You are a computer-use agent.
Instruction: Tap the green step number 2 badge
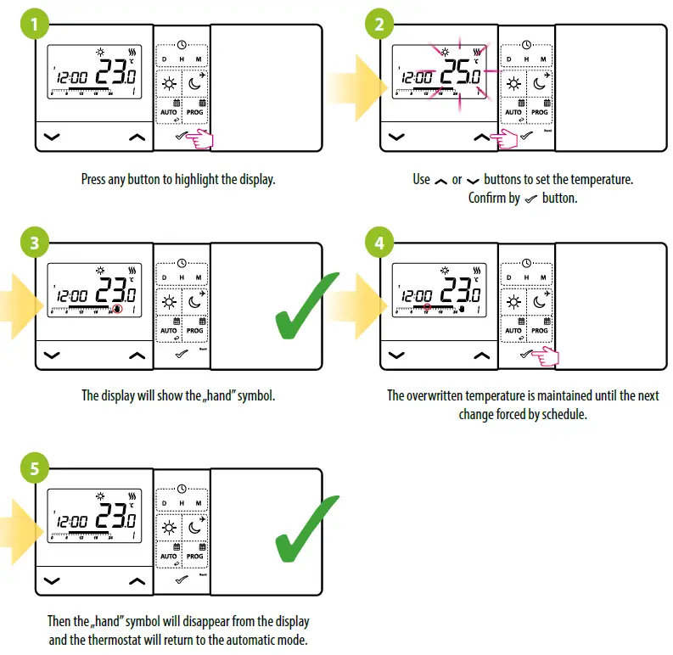(x=379, y=25)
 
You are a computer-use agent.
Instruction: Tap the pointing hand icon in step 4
(x=545, y=358)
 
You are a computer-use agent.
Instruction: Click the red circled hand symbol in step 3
(x=117, y=310)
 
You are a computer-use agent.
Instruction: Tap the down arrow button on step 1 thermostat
(x=52, y=136)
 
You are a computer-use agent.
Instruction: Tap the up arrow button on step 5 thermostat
(x=137, y=581)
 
